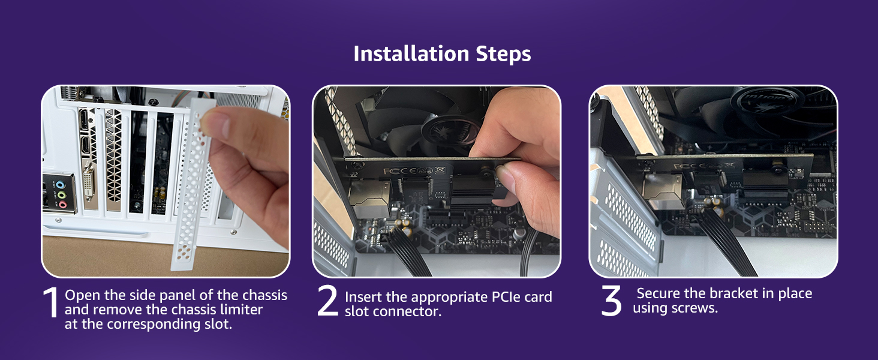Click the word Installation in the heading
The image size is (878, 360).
tap(411, 54)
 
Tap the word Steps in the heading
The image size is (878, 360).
tap(503, 55)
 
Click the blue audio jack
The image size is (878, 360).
tap(60, 184)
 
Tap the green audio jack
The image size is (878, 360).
tap(61, 194)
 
